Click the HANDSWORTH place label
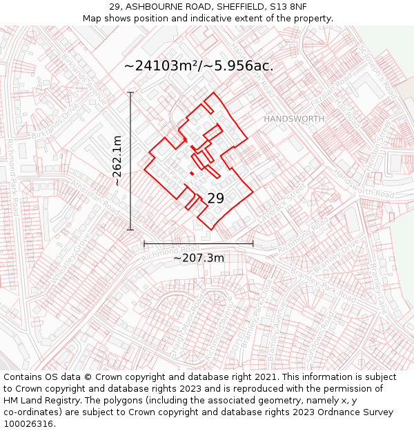294,119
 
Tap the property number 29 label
215,199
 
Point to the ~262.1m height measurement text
117,161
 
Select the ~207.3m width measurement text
199,258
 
